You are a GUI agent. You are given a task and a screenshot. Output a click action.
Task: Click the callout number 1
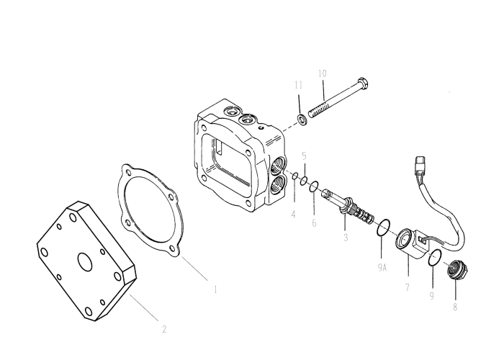tap(215, 290)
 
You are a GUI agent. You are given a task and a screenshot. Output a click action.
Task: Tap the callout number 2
tap(164, 329)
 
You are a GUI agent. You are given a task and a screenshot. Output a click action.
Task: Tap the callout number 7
tap(408, 288)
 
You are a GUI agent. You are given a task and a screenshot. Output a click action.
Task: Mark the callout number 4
tap(293, 214)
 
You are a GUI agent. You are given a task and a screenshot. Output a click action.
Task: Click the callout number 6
tap(315, 224)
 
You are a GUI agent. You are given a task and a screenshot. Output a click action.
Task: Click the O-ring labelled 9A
tap(384, 228)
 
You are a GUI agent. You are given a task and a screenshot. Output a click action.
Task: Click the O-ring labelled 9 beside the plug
tap(433, 258)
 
